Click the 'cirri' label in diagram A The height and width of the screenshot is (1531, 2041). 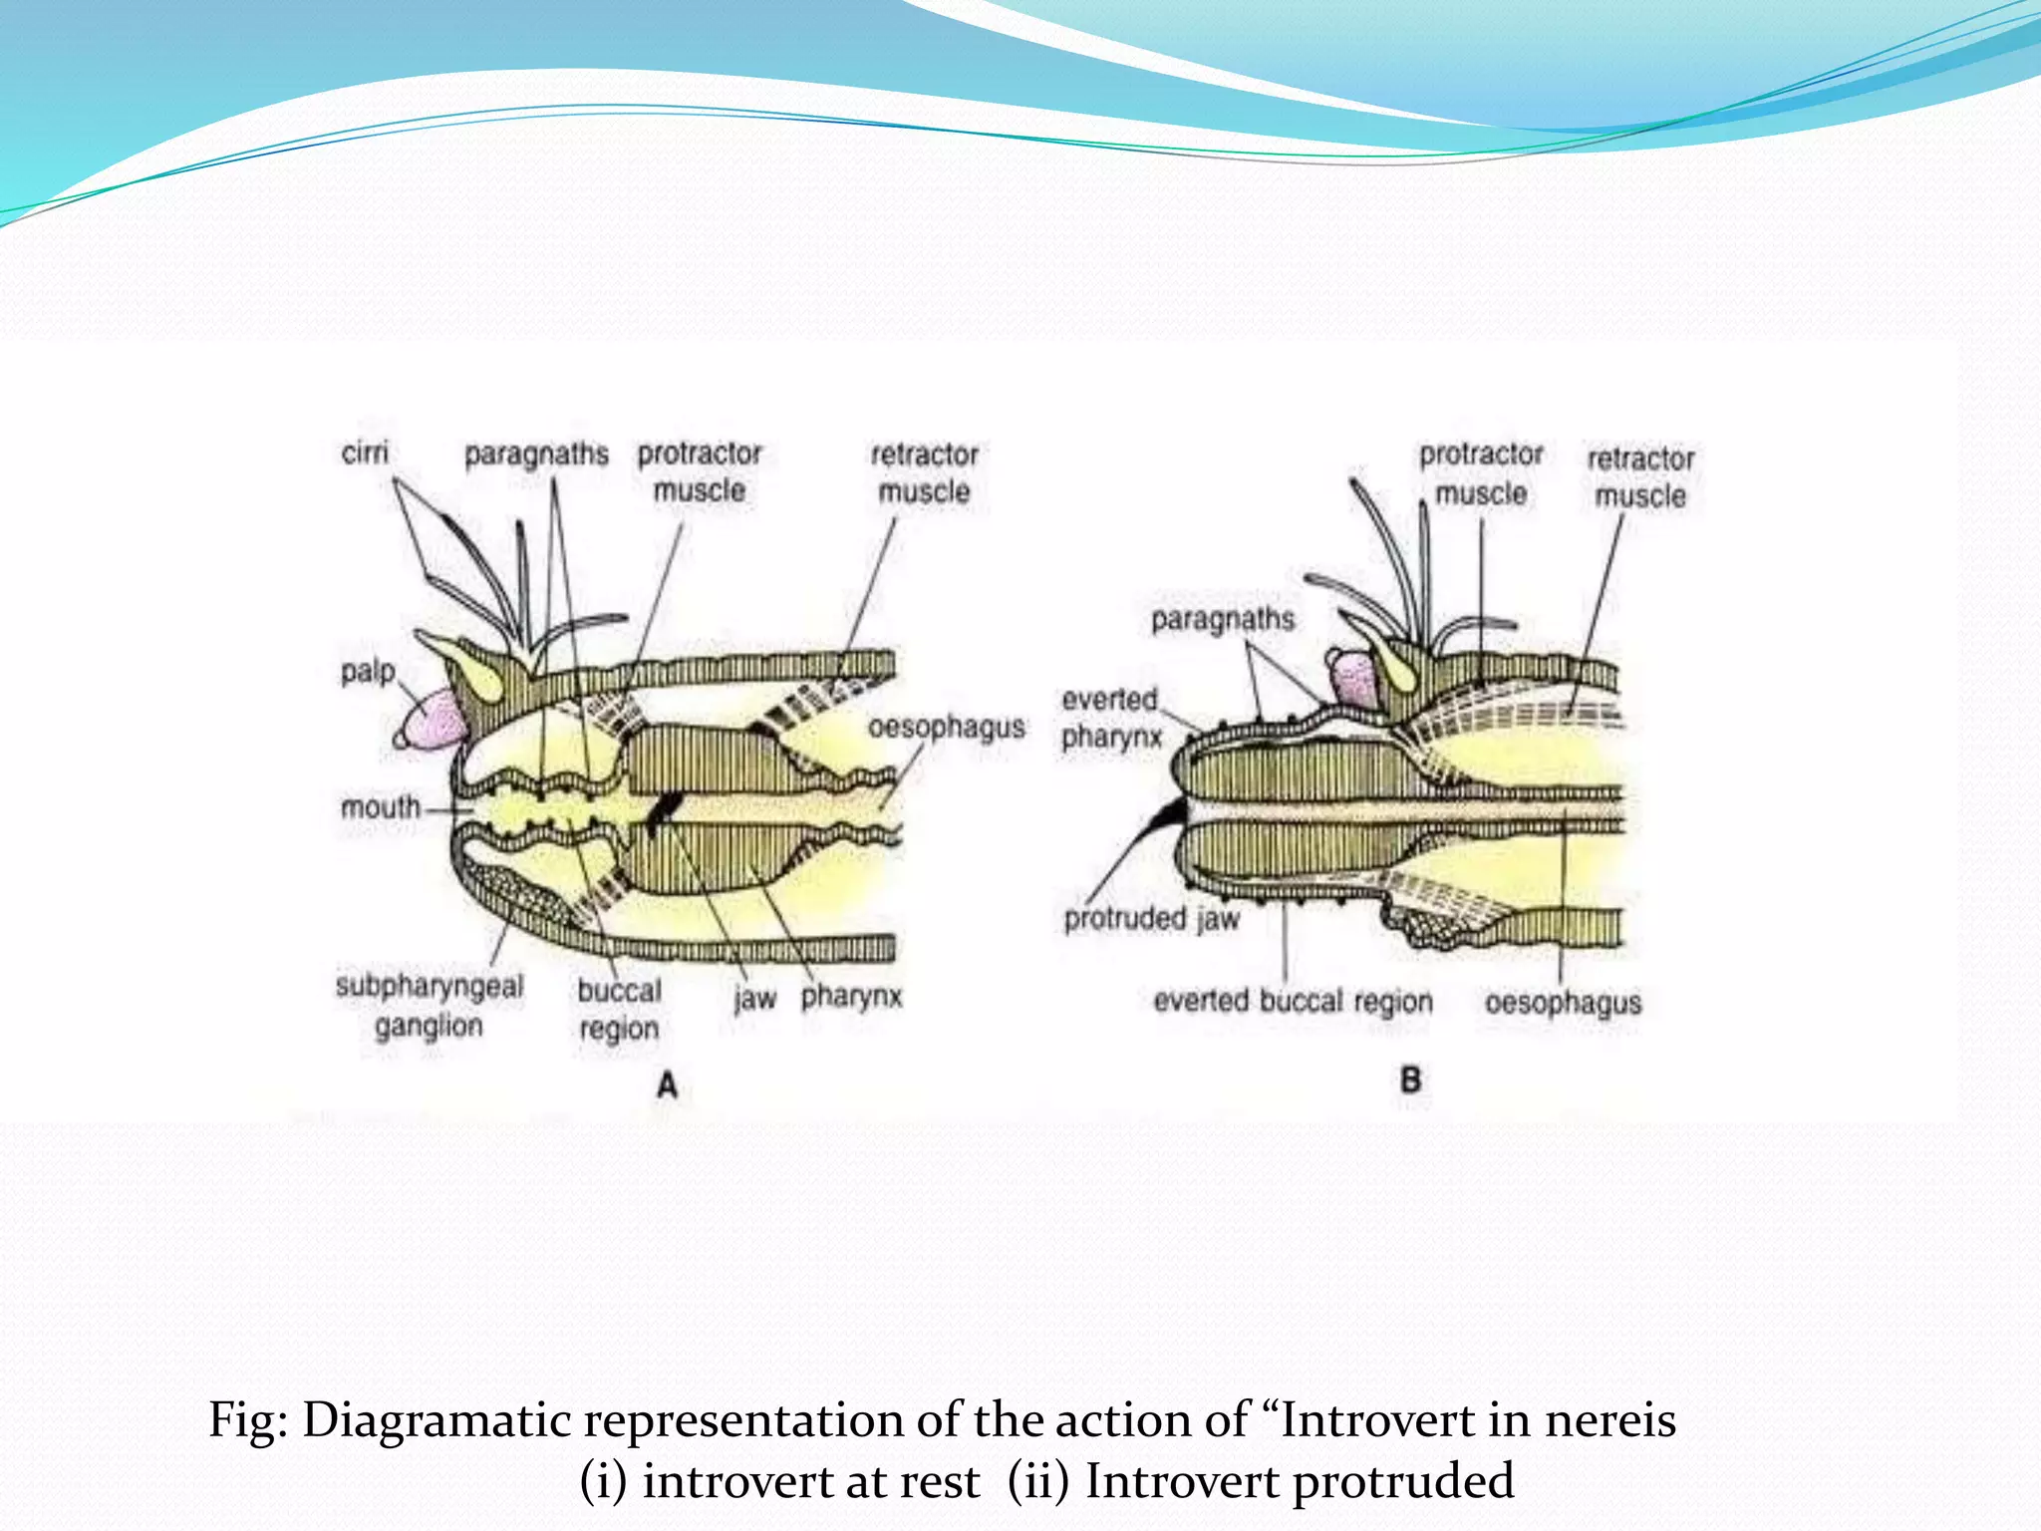tap(365, 453)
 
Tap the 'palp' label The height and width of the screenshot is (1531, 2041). tap(368, 672)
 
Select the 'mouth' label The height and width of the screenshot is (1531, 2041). tap(381, 806)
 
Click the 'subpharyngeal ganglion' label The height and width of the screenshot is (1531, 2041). tap(430, 1006)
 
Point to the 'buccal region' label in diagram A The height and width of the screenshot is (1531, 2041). tap(619, 1010)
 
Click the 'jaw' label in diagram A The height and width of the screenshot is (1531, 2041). tap(754, 999)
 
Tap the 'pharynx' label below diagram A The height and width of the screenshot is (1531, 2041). tap(852, 997)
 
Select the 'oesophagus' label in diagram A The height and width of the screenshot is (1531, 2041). tap(947, 727)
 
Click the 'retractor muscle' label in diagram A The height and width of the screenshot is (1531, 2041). tap(924, 472)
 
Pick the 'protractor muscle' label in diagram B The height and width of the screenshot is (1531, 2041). tap(1481, 473)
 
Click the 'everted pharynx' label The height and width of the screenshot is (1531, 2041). tap(1110, 719)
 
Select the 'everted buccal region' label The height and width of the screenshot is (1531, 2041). tap(1293, 1001)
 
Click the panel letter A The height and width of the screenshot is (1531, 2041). tap(667, 1084)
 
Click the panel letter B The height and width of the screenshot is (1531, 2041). tap(1410, 1079)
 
